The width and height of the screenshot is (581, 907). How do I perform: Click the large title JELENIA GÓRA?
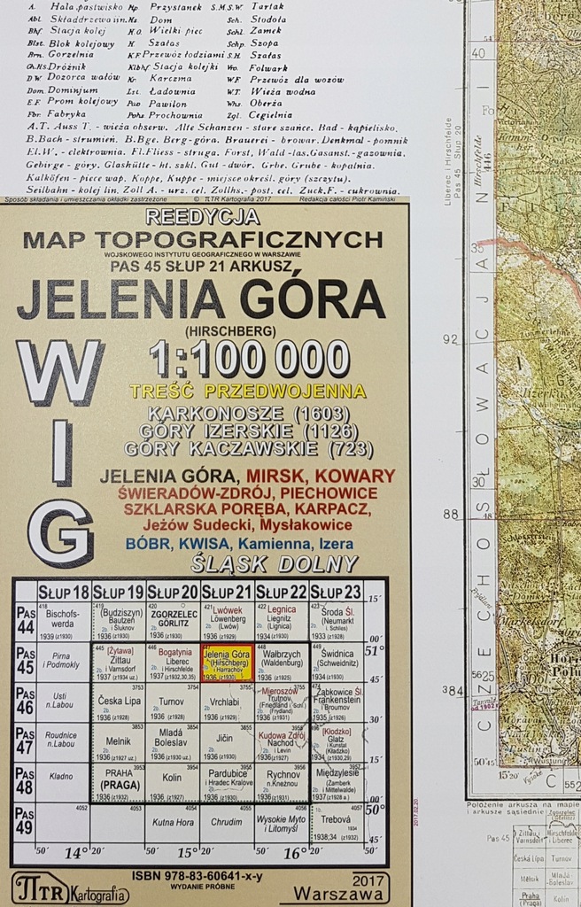click(201, 299)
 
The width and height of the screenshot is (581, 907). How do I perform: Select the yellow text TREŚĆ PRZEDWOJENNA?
click(246, 391)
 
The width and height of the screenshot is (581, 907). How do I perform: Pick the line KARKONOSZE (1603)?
click(237, 414)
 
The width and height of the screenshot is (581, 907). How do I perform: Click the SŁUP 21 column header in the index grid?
click(227, 591)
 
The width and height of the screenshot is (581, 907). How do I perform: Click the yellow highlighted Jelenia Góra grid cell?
click(227, 663)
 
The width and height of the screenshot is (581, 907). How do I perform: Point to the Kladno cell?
click(63, 777)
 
